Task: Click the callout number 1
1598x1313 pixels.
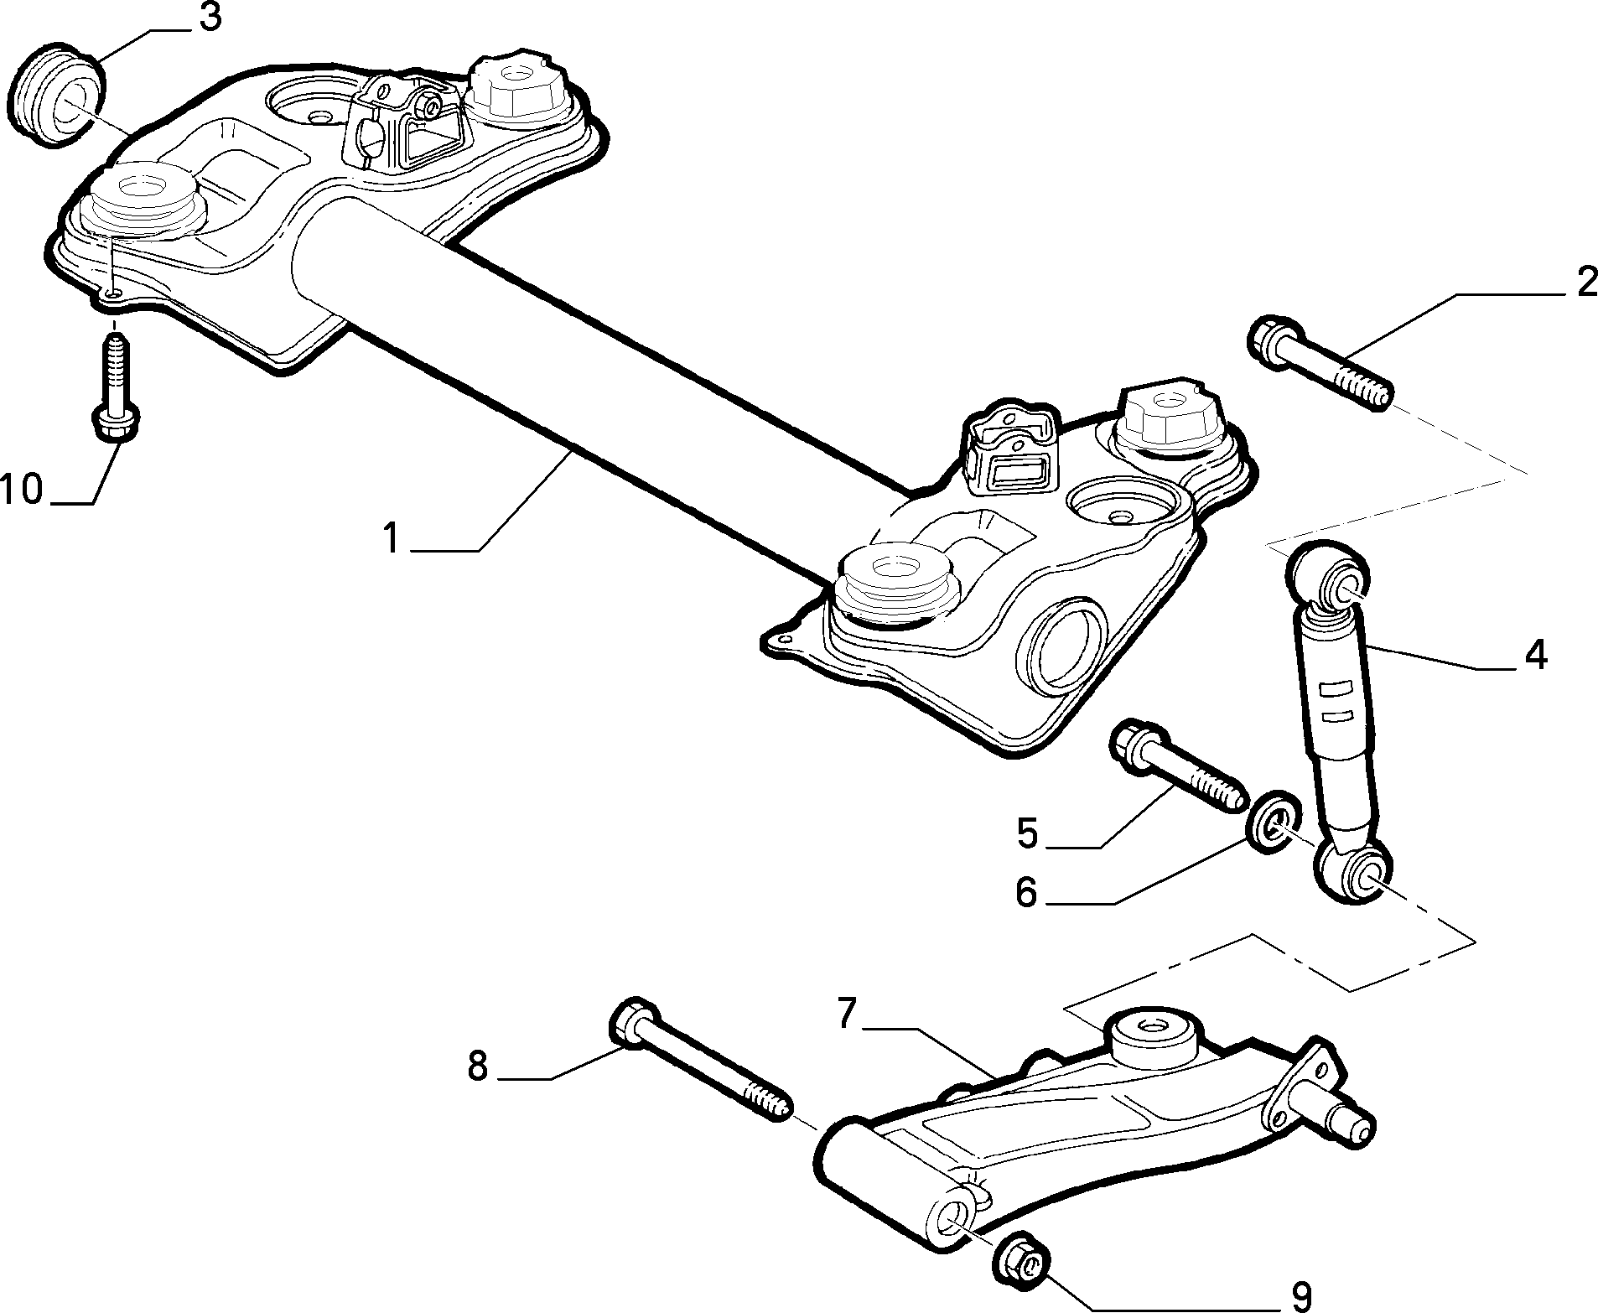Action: point(390,537)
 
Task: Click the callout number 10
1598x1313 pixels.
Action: point(20,489)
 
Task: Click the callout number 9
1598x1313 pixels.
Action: point(1299,1295)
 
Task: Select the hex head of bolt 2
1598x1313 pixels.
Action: point(1274,344)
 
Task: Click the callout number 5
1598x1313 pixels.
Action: point(1028,833)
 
